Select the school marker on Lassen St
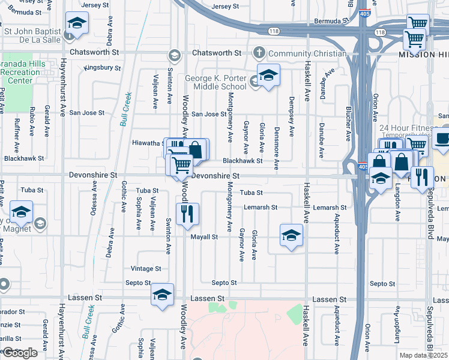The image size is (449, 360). click(x=162, y=295)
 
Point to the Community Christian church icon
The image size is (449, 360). click(x=259, y=52)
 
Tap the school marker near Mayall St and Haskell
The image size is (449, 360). click(x=291, y=235)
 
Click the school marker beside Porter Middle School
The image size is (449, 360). click(x=268, y=76)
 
